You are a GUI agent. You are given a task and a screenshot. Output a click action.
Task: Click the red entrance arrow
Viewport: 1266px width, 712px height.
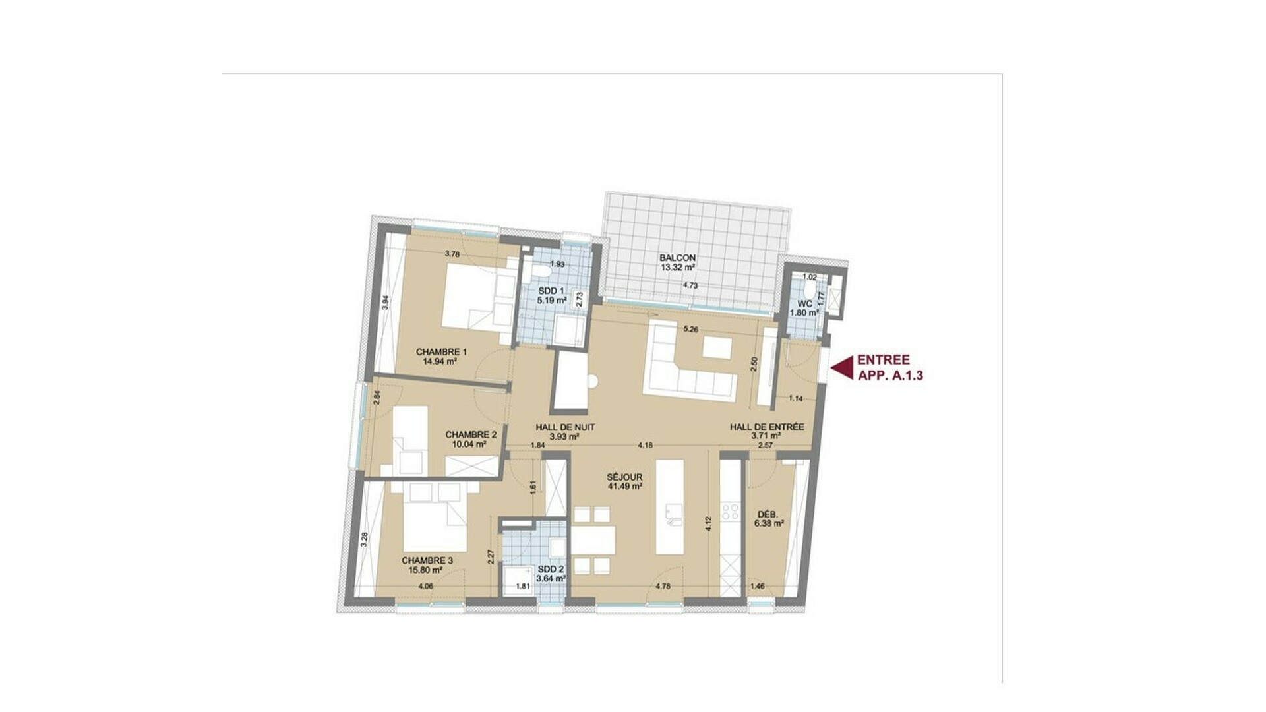[x=842, y=368]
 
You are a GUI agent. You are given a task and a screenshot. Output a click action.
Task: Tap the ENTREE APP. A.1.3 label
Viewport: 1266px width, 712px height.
[x=889, y=368]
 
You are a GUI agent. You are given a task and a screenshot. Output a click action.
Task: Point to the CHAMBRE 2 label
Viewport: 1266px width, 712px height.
[x=471, y=435]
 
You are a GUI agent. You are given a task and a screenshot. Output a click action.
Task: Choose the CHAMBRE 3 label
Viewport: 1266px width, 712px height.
[x=427, y=561]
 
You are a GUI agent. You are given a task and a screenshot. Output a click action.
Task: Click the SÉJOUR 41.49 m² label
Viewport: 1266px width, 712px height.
[x=624, y=482]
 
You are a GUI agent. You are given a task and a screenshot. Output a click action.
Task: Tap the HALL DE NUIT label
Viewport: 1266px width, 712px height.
[x=565, y=427]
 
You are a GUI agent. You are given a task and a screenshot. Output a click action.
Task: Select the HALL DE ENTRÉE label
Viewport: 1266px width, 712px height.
[x=767, y=427]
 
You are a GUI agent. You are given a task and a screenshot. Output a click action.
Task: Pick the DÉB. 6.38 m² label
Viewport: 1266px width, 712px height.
[x=769, y=519]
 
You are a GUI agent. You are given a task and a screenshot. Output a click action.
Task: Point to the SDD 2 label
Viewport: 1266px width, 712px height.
[x=551, y=570]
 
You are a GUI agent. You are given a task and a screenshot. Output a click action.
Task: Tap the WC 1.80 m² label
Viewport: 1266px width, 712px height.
[x=804, y=309]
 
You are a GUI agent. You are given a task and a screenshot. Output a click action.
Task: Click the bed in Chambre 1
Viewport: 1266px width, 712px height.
[x=477, y=296]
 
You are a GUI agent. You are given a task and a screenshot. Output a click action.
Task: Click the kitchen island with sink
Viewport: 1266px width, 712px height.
[x=670, y=506]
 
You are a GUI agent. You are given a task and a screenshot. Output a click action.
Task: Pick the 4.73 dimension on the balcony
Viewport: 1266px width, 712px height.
[x=690, y=286]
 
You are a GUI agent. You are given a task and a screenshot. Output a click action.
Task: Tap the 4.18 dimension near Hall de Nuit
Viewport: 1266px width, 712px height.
[x=645, y=446]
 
